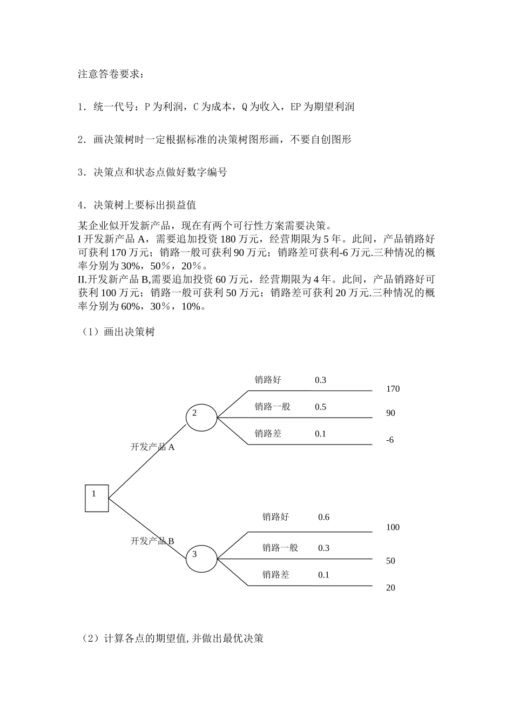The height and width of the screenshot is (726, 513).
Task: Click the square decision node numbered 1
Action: (x=97, y=498)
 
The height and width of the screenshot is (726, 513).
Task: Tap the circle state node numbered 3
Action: (x=201, y=558)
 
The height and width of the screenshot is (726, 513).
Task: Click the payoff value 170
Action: (x=393, y=389)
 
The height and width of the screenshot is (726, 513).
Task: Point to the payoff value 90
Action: (x=390, y=413)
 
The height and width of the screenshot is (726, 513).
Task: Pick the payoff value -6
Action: (x=390, y=440)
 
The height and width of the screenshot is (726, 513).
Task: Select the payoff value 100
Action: (x=393, y=527)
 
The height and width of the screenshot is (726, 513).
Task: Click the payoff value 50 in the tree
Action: (x=390, y=561)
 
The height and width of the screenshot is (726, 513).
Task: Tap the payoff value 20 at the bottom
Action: (x=390, y=588)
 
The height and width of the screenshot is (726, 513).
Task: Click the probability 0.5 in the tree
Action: (x=320, y=407)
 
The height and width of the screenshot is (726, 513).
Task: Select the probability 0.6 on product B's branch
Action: (x=323, y=517)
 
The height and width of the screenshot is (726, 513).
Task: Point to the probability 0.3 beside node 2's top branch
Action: (x=320, y=380)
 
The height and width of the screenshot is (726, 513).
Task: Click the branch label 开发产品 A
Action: (x=152, y=447)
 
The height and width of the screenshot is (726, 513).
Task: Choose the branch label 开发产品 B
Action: (x=152, y=541)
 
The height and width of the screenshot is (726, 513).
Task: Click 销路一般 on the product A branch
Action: (x=272, y=407)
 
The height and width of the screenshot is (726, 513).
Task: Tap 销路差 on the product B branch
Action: (x=275, y=575)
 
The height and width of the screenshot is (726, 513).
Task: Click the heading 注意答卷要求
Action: (x=111, y=74)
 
